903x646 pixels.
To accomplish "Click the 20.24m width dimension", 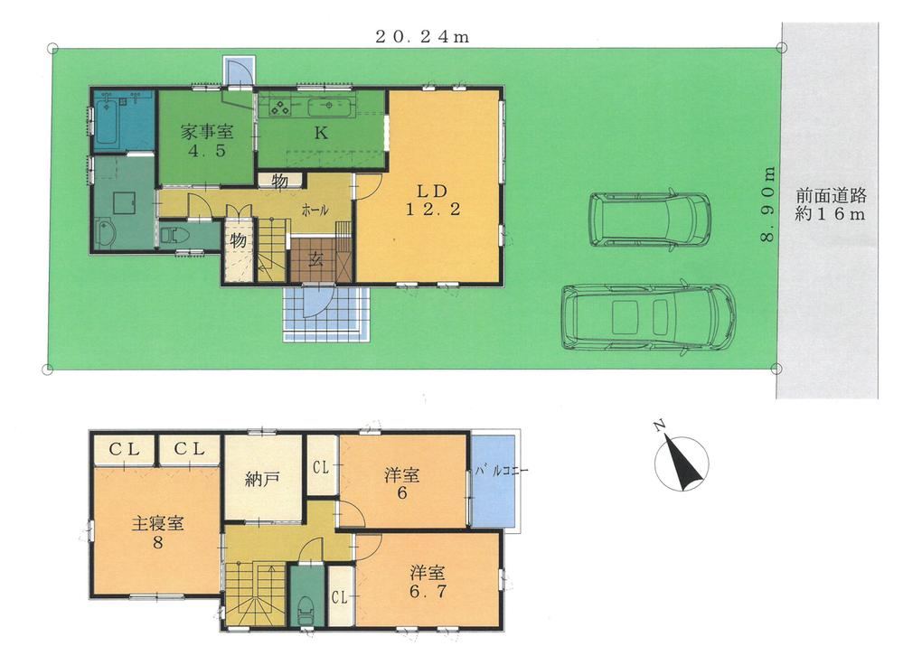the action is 422,37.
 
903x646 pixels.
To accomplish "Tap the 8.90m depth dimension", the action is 768,205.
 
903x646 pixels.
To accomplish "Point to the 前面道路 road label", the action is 831,196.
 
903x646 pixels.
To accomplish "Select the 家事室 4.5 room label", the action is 207,142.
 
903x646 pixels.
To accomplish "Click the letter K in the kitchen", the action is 321,133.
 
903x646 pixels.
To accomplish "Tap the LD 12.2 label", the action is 433,200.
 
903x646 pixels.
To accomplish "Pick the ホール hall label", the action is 315,211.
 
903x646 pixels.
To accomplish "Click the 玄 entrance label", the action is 315,260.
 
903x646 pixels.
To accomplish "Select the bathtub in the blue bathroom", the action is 108,123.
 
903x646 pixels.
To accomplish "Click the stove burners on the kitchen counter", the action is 280,108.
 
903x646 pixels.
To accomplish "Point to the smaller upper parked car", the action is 649,220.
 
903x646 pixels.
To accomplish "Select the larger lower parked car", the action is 648,316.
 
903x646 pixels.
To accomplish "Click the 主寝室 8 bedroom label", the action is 158,532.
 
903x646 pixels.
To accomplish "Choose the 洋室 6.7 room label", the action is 428,582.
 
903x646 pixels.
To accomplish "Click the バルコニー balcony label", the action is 502,471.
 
